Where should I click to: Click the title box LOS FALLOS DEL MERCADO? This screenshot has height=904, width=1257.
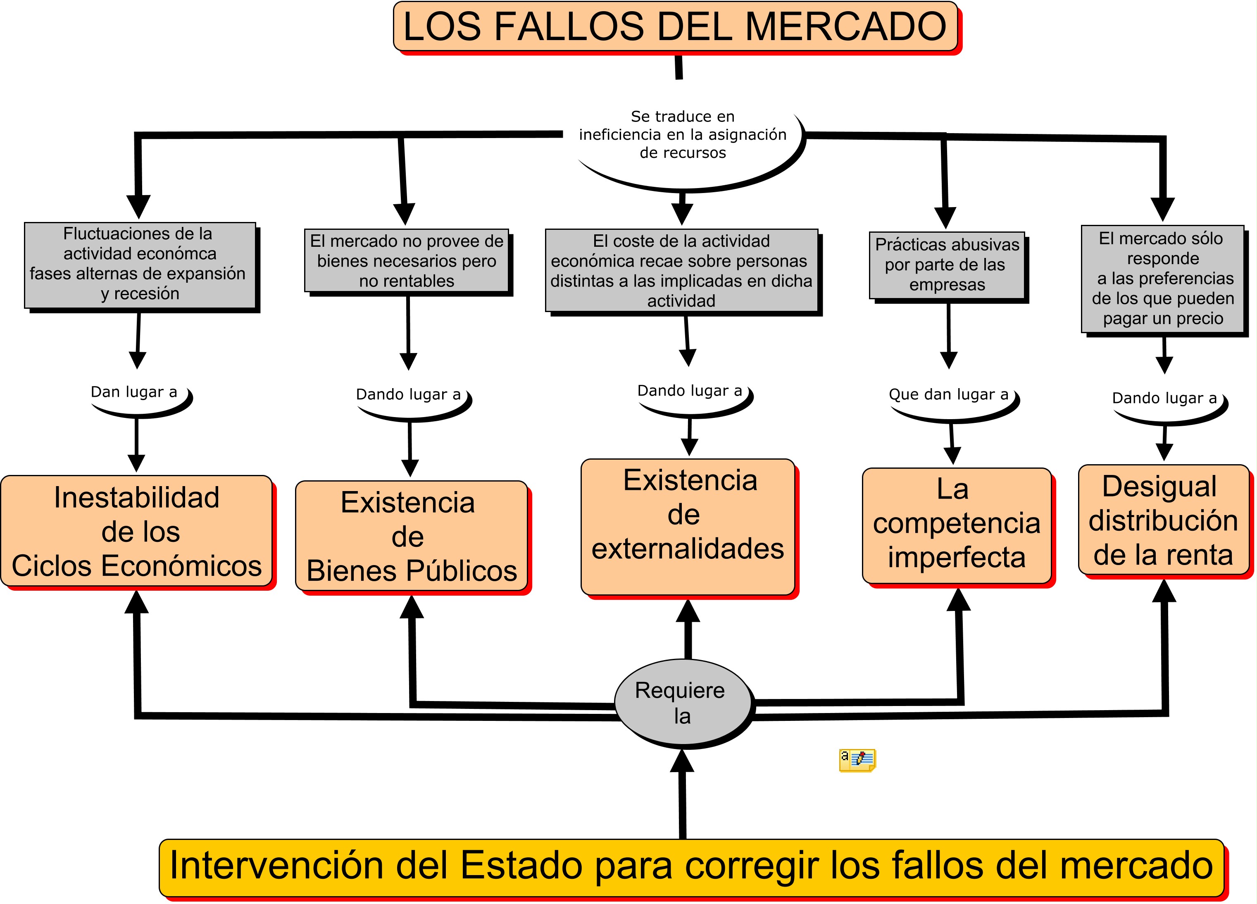point(676,26)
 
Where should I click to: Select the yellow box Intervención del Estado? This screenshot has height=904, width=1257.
point(692,868)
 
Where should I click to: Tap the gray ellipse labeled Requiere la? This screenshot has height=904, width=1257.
point(683,702)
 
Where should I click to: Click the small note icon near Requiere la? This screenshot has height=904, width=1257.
point(857,760)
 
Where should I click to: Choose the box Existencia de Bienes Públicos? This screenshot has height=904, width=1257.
point(411,536)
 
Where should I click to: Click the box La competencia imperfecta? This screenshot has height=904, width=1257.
point(957,525)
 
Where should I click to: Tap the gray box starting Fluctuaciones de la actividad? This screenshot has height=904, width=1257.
point(140,265)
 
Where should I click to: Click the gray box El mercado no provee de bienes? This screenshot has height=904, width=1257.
point(406,260)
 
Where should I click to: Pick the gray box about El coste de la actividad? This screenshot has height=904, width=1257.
point(682,270)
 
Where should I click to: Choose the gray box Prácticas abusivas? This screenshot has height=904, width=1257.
point(947,265)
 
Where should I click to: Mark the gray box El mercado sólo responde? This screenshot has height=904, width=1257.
point(1163,278)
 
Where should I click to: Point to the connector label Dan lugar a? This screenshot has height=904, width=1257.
point(134,392)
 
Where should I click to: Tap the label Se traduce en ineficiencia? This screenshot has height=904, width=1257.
point(683,134)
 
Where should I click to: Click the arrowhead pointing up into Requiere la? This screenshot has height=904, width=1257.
point(682,761)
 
